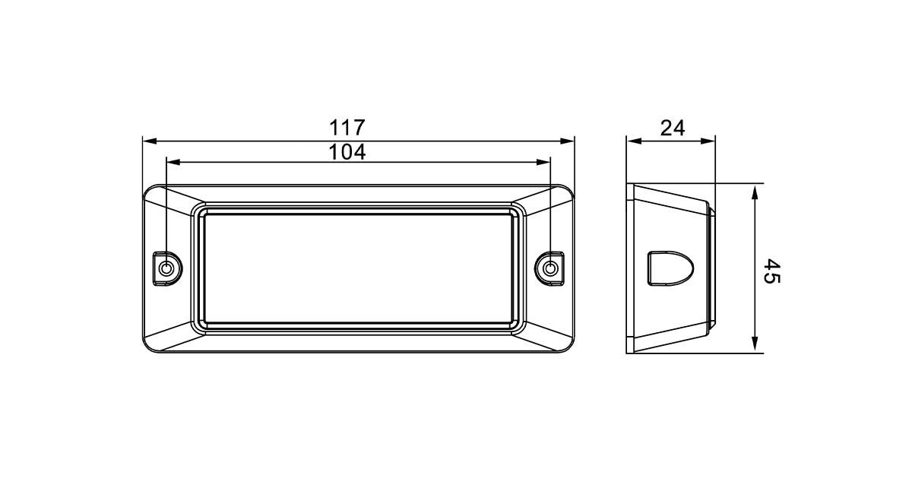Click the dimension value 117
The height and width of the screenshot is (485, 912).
coord(347,128)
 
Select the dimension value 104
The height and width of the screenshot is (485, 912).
coord(347,152)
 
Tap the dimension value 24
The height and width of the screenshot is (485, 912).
coord(673,128)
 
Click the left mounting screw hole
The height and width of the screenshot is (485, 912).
coord(166,268)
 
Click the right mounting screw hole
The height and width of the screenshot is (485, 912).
coord(550,268)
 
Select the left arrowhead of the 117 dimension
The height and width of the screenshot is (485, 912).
coord(150,141)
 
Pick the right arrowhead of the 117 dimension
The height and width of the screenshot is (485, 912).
coord(568,141)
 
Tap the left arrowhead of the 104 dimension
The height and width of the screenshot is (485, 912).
coord(173,162)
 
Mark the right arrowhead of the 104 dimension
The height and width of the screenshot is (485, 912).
coord(543,162)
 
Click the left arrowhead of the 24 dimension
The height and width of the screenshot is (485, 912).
coord(634,141)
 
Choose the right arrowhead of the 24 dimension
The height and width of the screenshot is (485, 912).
coord(708,141)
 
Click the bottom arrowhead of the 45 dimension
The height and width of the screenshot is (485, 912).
coord(755,344)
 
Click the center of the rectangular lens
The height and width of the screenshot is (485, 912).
coord(358,269)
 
